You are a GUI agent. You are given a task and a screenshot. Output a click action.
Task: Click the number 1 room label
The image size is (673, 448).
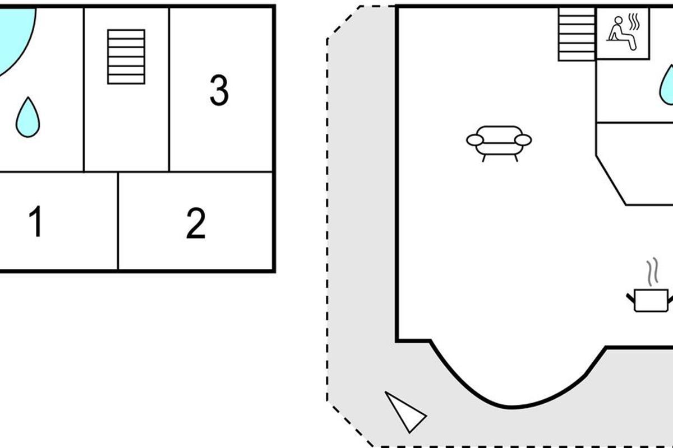coord(35,222)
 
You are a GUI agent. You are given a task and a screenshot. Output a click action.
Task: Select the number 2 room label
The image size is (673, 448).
coord(196,223)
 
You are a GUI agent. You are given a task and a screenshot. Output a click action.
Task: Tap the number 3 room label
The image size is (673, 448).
coord(219,90)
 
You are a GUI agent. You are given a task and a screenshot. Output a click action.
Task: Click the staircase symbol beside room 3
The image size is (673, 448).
coord(126,57)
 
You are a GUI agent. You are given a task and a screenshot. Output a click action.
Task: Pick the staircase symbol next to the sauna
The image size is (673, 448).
coord(576,34)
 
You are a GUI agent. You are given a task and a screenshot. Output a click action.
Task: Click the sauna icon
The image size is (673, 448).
coord(623,33)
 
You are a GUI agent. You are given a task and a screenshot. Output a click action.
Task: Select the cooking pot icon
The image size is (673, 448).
coord(651,300)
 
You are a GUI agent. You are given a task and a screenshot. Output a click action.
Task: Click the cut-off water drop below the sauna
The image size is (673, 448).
coord(667,86)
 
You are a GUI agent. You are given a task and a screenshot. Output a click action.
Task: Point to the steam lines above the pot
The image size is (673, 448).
coord(651,272)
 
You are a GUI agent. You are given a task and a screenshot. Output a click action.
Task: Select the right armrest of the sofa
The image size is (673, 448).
coord(523,139)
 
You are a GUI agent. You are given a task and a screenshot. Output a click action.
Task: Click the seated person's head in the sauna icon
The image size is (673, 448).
coord(617,22)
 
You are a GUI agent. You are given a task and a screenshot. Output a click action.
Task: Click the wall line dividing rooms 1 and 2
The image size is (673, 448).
coord(118,221)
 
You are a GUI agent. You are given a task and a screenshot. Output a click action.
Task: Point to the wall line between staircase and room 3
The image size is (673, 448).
coord(169,90)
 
